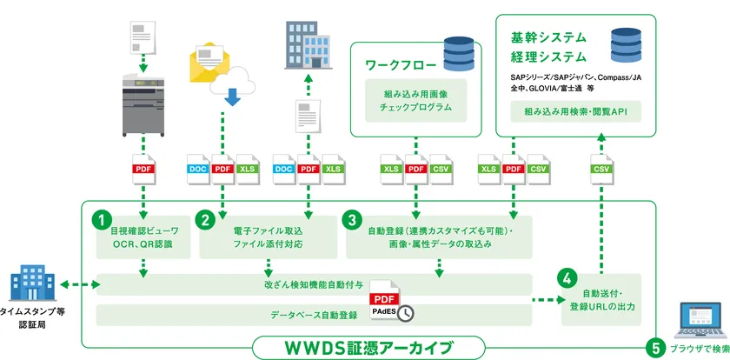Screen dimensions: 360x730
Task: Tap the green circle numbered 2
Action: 207,221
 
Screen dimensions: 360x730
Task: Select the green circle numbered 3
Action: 353,221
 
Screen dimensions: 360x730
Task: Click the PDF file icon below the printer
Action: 143,169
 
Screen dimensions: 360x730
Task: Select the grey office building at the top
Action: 306,42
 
